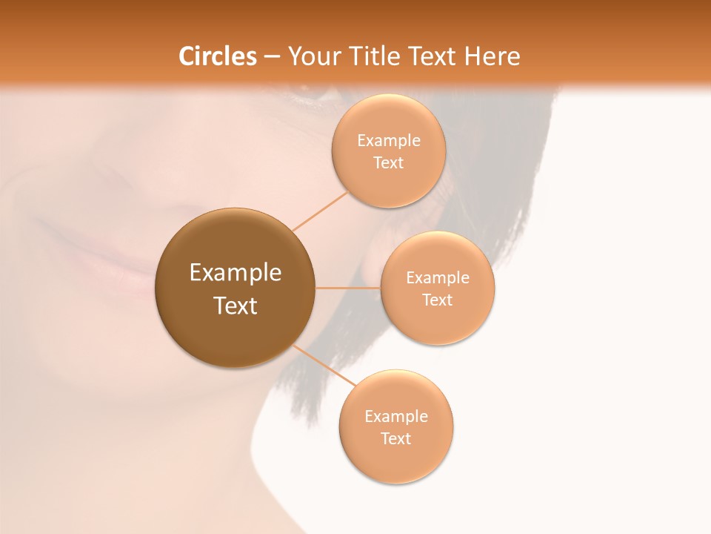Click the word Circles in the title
tap(217, 56)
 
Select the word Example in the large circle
tap(236, 273)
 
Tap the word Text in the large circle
tap(236, 306)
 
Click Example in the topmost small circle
tap(388, 141)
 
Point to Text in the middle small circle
tap(437, 300)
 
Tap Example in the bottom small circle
tap(395, 417)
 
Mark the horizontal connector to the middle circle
tap(347, 287)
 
